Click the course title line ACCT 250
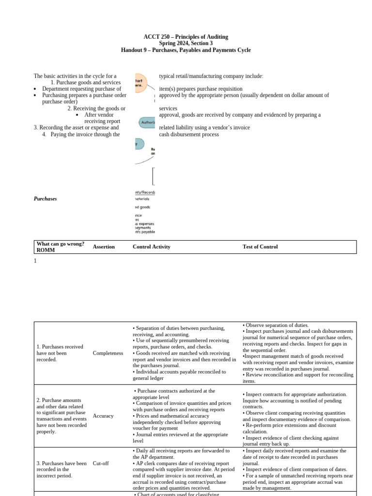[x=186, y=37]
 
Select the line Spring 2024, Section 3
[x=186, y=44]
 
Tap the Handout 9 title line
[x=186, y=50]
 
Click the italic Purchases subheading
[x=45, y=199]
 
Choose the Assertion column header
[x=104, y=247]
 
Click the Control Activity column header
[x=151, y=247]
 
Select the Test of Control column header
[x=260, y=247]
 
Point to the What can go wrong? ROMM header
[x=60, y=247]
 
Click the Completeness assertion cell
[x=108, y=353]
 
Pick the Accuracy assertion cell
[x=103, y=416]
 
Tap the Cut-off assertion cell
[x=101, y=463]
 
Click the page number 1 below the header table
[x=35, y=261]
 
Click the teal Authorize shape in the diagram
[x=147, y=123]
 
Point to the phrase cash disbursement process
[x=188, y=134]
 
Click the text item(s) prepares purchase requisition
[x=201, y=89]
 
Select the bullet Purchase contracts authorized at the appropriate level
[x=174, y=394]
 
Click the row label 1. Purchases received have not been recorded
[x=60, y=353]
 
